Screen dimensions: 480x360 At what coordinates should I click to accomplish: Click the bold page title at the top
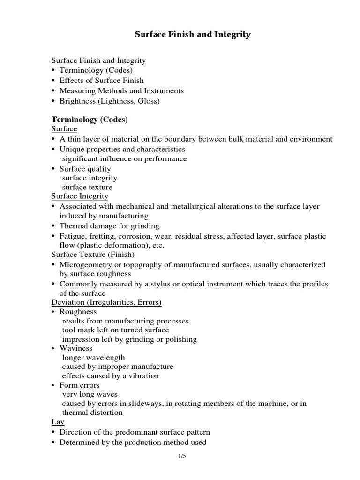[193, 35]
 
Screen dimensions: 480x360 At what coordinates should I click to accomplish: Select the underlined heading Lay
[58, 422]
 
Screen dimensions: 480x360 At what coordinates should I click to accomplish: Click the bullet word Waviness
[76, 348]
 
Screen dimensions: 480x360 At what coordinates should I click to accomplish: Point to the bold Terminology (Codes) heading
[90, 120]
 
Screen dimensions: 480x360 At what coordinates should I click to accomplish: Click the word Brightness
[78, 101]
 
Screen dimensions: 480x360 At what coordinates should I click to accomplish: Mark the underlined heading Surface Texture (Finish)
[93, 255]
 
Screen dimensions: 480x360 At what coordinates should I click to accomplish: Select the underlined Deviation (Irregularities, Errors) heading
[106, 302]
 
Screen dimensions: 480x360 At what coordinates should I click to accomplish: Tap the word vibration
[141, 376]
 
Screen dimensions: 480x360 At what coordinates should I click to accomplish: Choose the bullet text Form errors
[79, 385]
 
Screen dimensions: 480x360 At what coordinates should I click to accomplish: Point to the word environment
[309, 139]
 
